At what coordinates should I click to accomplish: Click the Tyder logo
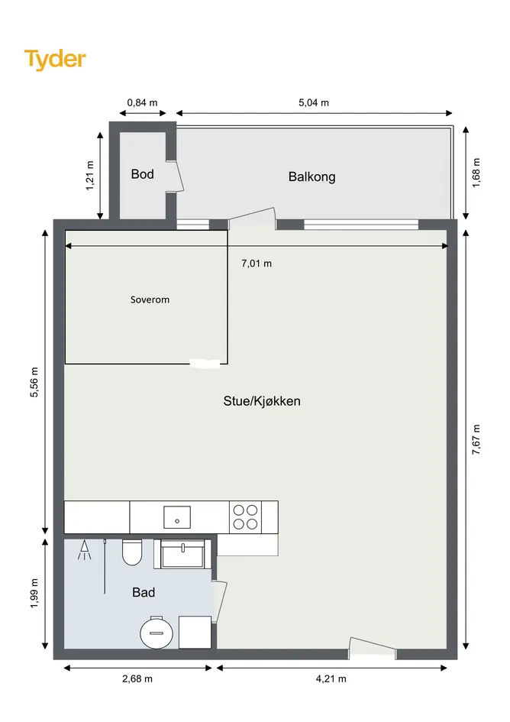pos(55,60)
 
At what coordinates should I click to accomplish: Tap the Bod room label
pos(142,174)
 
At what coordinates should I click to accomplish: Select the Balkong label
pos(311,176)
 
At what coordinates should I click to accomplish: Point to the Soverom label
pos(150,299)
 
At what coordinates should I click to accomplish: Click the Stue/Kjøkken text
pos(262,401)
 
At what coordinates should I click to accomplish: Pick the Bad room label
pos(144,592)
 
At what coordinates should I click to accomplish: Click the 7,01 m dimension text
pos(257,264)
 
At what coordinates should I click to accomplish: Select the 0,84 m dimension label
pos(142,102)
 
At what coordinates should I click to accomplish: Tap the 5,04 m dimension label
pos(314,102)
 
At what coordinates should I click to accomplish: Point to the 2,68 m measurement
pos(137,678)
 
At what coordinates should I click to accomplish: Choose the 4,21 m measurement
pos(331,678)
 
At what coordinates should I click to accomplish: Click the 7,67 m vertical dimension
pos(476,439)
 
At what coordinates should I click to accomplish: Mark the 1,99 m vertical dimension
pos(34,593)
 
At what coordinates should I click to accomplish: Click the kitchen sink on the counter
pos(177,517)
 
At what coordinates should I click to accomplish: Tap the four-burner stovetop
pos(245,517)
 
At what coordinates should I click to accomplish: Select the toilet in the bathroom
pos(131,552)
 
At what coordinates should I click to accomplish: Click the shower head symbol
pos(84,550)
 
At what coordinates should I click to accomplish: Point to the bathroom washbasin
pos(182,554)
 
